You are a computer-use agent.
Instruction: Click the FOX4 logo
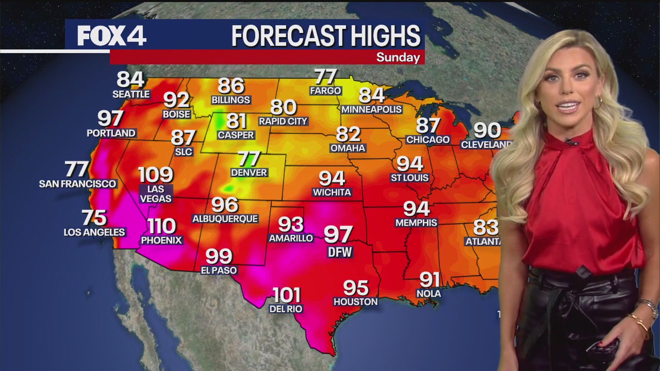[112, 36]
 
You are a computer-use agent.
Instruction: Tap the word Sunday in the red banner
[398, 57]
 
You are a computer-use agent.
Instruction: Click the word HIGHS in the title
[386, 36]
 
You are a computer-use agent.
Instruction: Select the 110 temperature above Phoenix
[161, 226]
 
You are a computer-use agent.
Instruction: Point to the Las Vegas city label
[156, 193]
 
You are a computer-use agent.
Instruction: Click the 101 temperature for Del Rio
[286, 295]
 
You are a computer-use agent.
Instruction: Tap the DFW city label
[340, 252]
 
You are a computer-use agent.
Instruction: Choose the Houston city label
[355, 301]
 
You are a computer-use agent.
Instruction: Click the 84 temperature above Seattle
[130, 79]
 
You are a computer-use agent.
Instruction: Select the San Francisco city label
[77, 183]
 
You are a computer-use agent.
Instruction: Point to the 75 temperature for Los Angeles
[94, 217]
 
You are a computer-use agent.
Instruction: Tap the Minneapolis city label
[371, 109]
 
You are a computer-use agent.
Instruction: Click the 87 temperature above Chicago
[428, 125]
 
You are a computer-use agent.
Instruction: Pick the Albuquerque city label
[225, 218]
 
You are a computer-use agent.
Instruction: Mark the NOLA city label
[428, 293]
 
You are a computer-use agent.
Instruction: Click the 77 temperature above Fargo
[325, 77]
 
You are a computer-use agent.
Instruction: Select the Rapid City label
[283, 121]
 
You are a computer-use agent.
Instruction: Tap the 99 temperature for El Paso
[219, 256]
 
